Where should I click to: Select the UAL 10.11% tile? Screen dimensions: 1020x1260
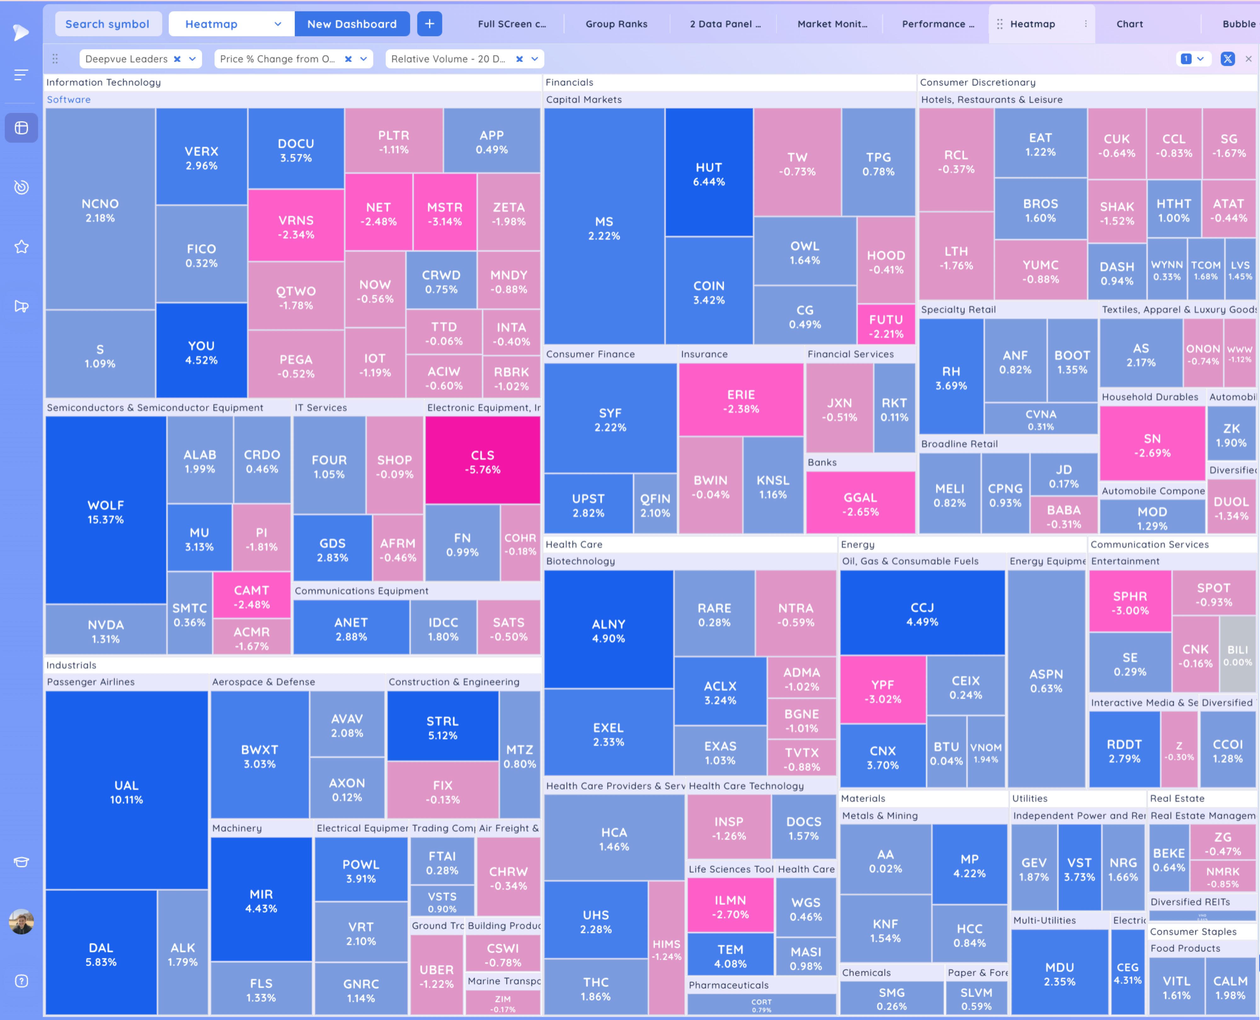tap(126, 790)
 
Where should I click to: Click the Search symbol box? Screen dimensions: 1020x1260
tap(107, 24)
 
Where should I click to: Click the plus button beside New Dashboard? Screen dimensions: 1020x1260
tap(429, 24)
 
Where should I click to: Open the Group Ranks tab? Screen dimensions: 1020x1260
tap(616, 24)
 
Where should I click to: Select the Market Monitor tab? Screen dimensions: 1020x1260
tap(832, 24)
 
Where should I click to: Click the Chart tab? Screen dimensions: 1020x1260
tap(1129, 24)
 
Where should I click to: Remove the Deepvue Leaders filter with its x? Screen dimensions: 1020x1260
tap(177, 59)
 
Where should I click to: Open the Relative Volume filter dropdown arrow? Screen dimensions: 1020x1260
tap(535, 59)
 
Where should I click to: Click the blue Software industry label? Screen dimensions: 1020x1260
tap(69, 99)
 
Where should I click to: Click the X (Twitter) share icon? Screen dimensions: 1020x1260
tap(1227, 59)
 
